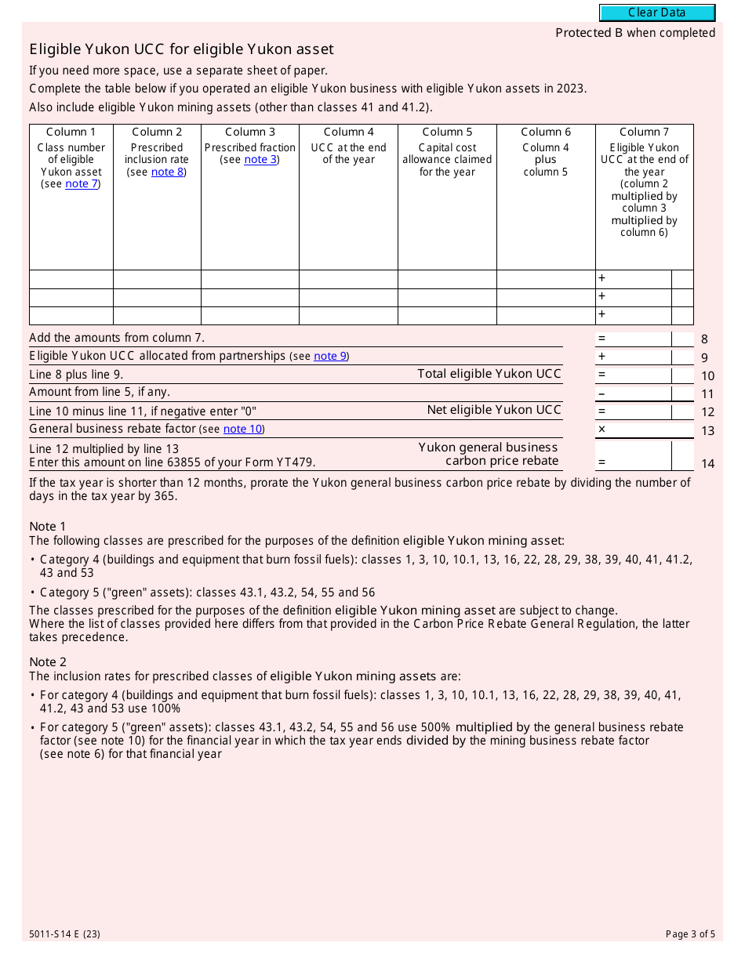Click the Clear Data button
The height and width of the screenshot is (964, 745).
(x=657, y=13)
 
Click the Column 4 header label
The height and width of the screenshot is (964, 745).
(x=348, y=132)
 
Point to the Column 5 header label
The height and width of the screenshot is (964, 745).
(x=447, y=132)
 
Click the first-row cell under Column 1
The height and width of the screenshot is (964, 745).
(x=71, y=279)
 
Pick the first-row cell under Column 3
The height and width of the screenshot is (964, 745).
(x=249, y=279)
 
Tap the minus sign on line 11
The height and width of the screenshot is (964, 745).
(x=601, y=393)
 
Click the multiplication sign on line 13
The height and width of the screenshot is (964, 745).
(x=601, y=429)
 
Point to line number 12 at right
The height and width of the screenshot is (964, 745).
(x=707, y=412)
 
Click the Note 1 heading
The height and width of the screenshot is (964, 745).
(x=48, y=527)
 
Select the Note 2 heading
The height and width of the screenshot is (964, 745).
(x=48, y=662)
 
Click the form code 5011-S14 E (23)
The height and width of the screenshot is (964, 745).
(x=64, y=934)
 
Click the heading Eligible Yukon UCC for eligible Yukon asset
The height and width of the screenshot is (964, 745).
(x=181, y=49)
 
